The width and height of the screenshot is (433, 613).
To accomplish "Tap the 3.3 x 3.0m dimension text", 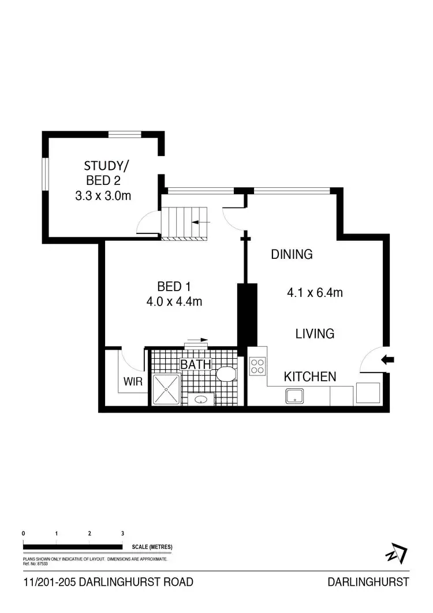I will [103, 196].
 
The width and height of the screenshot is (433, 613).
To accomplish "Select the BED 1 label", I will [174, 286].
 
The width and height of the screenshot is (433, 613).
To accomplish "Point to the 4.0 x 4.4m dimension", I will [174, 301].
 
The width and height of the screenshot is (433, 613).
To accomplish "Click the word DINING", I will [292, 254].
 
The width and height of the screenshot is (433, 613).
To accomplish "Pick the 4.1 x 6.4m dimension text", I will [315, 293].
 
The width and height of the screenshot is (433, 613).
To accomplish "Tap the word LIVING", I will [315, 333].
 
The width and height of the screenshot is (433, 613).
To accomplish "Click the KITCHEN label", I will [310, 377].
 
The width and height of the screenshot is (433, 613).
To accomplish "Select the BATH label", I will [196, 365].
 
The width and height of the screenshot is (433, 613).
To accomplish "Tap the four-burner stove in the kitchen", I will [257, 366].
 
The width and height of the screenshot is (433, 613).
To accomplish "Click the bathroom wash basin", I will [201, 399].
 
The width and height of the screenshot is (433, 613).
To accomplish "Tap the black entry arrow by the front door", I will [389, 360].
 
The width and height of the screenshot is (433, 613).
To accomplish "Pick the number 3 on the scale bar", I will [122, 533].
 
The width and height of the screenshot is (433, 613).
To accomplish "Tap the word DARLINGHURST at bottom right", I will [368, 582].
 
